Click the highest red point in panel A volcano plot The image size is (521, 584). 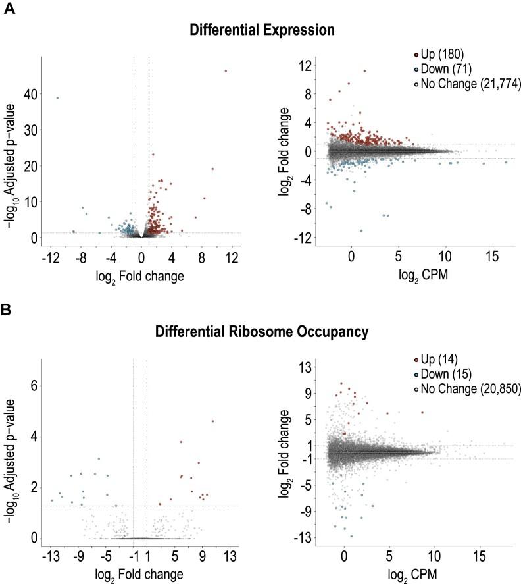pos(226,71)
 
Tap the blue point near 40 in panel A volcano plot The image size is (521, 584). pos(58,98)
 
